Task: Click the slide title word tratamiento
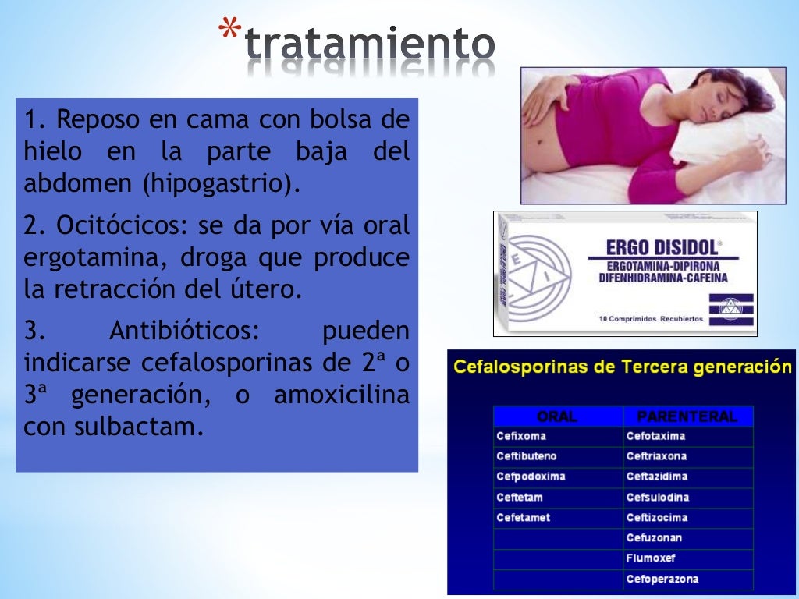click(370, 45)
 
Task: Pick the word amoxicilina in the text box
click(341, 395)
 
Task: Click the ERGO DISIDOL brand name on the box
click(662, 248)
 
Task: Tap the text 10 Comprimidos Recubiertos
click(651, 318)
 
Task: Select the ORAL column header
click(557, 416)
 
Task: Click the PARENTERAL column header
click(687, 416)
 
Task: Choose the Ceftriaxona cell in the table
click(656, 456)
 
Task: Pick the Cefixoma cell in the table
click(521, 436)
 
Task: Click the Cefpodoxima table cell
click(531, 477)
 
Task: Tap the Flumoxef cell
click(651, 558)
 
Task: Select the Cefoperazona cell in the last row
click(662, 579)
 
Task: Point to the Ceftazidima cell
click(656, 477)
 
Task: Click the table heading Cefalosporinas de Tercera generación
click(622, 367)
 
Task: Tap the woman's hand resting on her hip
click(546, 100)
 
